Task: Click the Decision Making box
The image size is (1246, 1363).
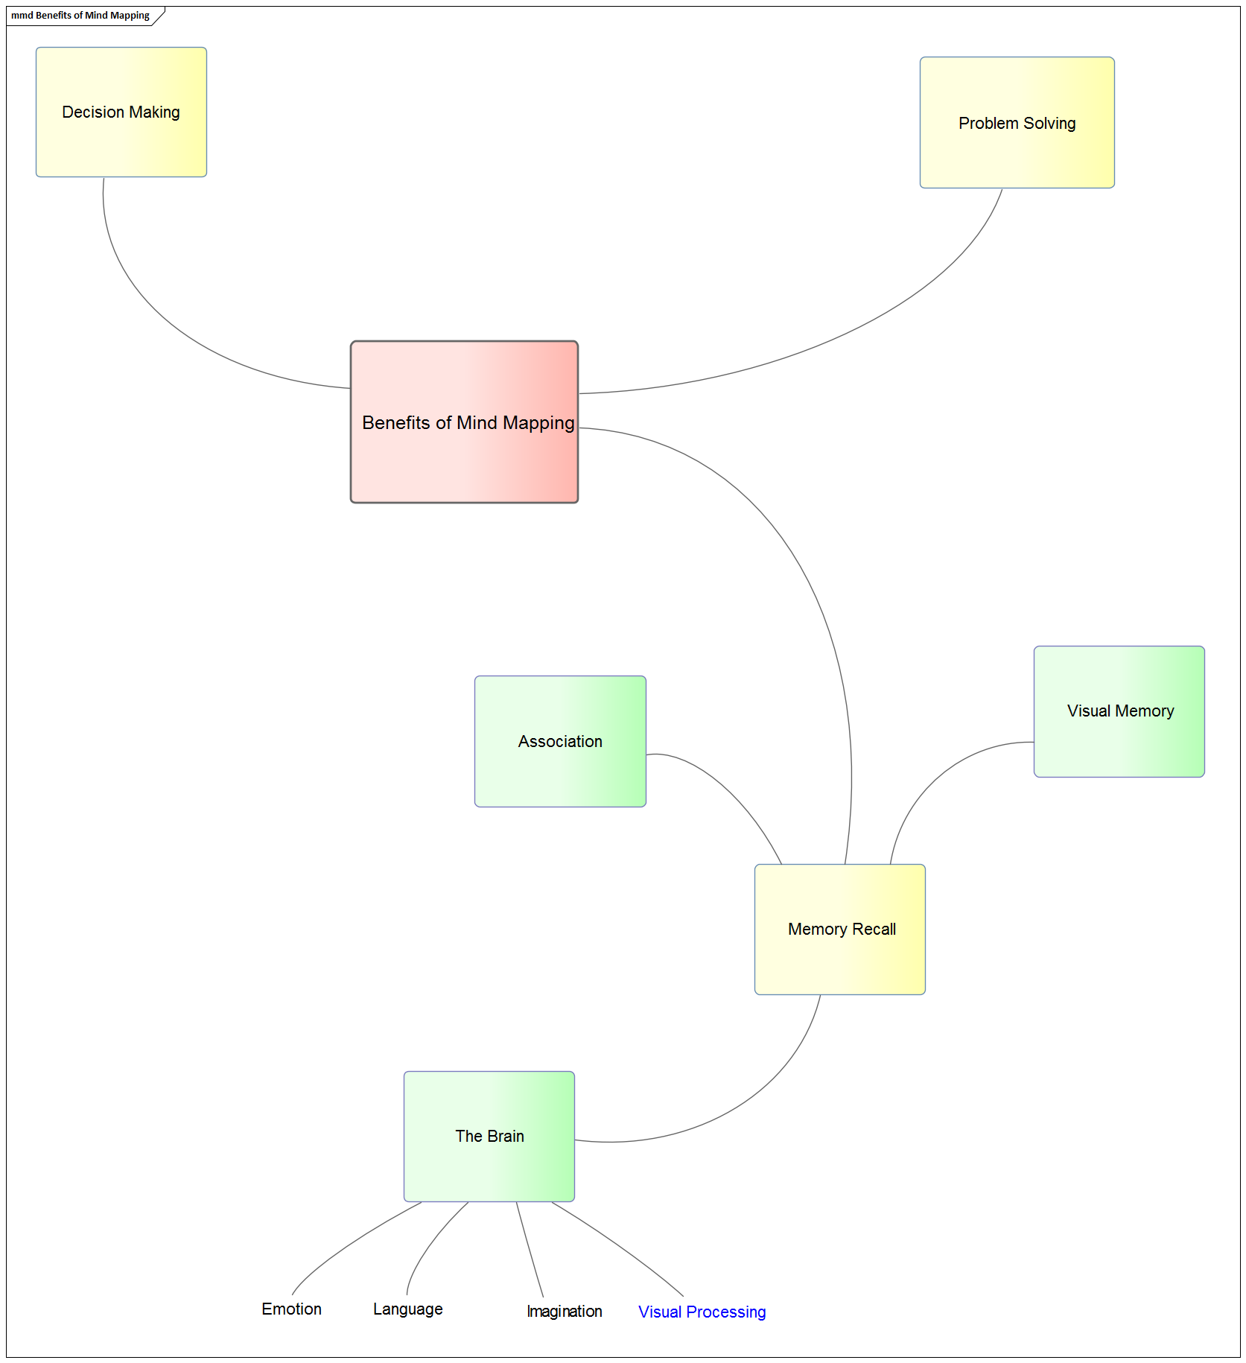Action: click(121, 112)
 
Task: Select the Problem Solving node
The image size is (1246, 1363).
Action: click(1017, 123)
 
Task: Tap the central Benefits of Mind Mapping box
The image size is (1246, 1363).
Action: click(464, 422)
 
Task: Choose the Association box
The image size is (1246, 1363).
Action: click(560, 741)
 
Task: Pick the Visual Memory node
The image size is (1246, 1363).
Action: click(1119, 711)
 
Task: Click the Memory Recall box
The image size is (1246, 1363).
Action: click(840, 929)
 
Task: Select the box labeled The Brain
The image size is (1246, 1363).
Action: click(489, 1136)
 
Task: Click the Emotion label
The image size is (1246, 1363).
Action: click(291, 1309)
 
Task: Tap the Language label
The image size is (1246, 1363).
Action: click(407, 1309)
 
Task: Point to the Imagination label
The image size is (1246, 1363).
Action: click(564, 1311)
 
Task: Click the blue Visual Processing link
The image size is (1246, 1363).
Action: click(702, 1312)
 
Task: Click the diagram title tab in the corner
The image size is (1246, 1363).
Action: click(80, 16)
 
